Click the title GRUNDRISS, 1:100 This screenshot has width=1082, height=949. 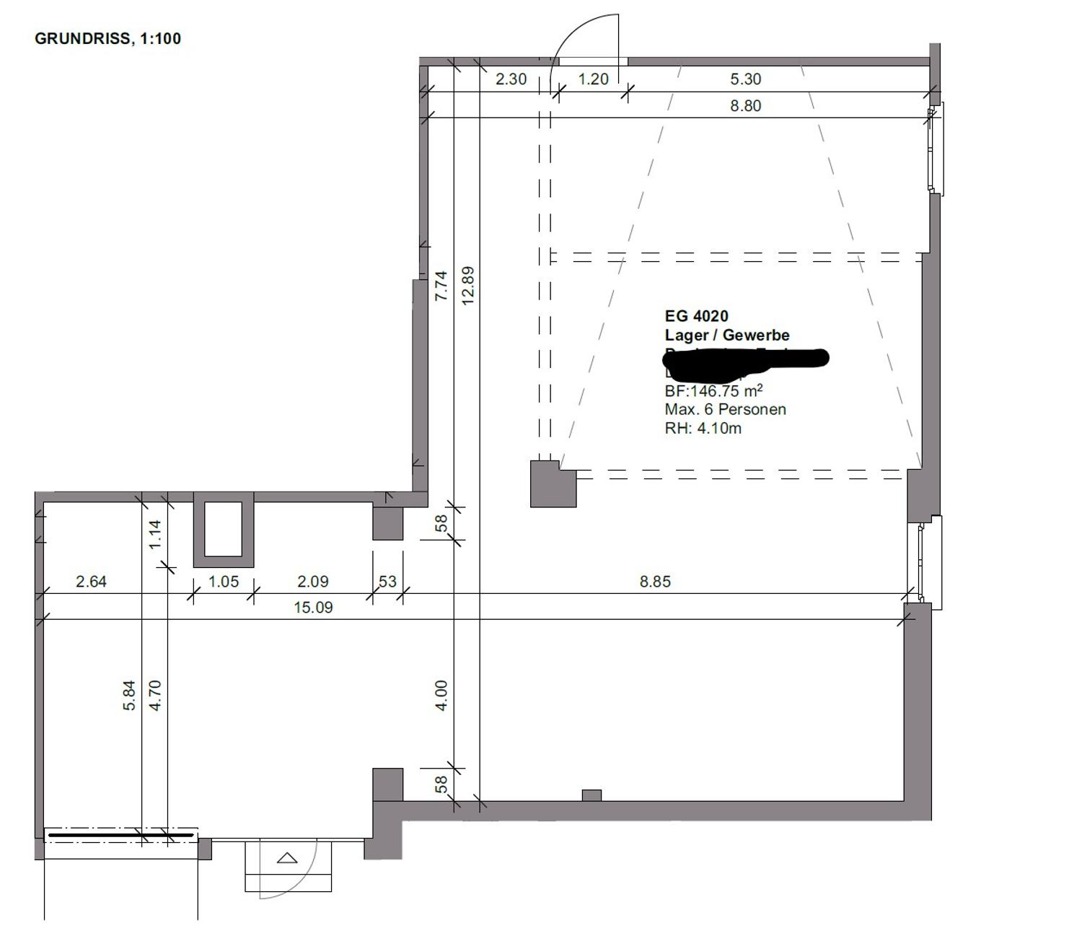[x=107, y=38]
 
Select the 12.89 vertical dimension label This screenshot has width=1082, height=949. [x=467, y=286]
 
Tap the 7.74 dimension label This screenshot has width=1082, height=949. [x=441, y=285]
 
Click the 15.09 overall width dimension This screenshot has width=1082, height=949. [x=313, y=608]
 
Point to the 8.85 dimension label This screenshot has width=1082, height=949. [x=655, y=581]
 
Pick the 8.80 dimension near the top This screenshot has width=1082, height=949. [x=745, y=105]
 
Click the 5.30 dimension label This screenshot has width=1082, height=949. [x=745, y=79]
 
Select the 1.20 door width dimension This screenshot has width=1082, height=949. [x=594, y=79]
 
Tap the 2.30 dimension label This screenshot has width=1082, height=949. [x=511, y=79]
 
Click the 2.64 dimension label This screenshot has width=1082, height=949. [x=91, y=581]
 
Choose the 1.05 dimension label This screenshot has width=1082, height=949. [x=223, y=581]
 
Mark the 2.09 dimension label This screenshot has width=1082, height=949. [x=312, y=581]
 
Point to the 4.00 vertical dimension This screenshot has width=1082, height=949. [x=441, y=695]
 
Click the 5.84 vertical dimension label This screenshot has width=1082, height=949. [x=129, y=696]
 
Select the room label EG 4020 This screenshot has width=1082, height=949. [x=696, y=315]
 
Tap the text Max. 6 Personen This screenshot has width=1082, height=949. [x=725, y=409]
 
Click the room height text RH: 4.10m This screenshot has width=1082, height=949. [x=703, y=428]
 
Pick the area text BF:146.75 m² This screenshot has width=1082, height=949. [x=713, y=390]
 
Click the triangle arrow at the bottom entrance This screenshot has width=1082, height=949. [x=288, y=858]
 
